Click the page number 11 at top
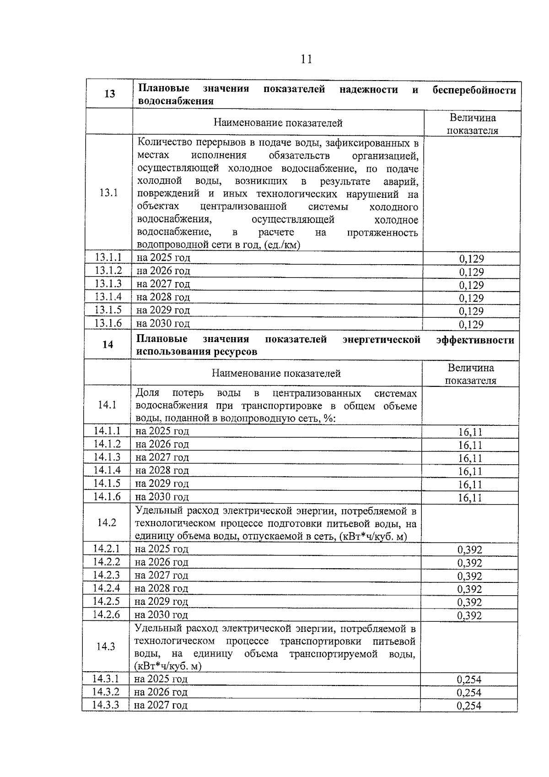306,59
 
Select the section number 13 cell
109,94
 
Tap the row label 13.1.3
108,283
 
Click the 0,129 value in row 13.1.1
471,259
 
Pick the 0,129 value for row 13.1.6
471,325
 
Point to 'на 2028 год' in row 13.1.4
163,297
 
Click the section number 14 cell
108,345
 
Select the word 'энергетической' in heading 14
381,340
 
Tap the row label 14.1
107,405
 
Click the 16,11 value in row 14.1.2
470,445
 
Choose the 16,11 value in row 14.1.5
470,484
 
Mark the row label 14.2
107,523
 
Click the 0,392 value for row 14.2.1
469,550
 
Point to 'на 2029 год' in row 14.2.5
161,602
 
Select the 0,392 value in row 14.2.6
469,616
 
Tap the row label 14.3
106,647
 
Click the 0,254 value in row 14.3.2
469,693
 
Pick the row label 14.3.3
105,705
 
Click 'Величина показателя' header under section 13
472,124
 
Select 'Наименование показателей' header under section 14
276,374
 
